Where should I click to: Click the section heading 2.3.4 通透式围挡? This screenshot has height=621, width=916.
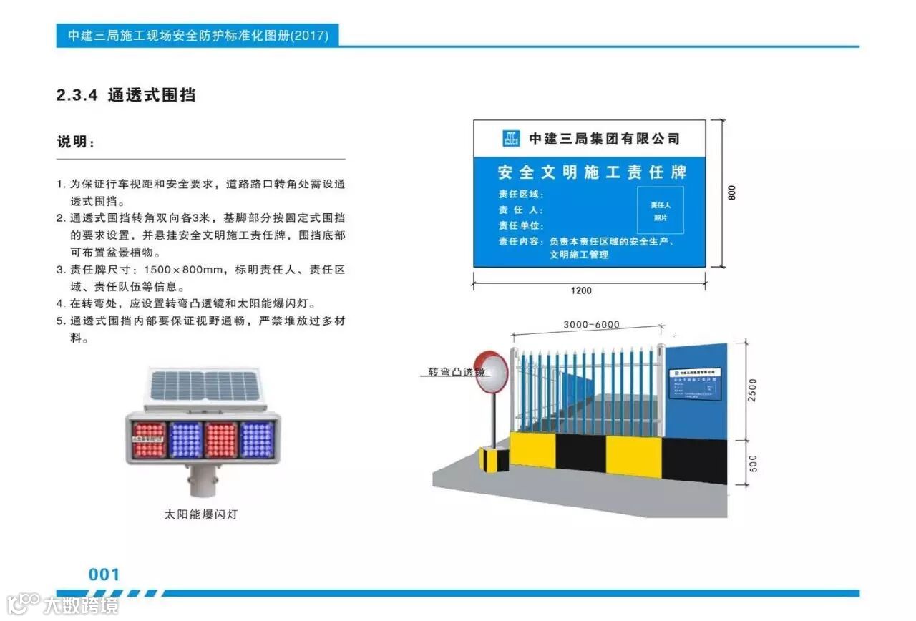click(x=126, y=95)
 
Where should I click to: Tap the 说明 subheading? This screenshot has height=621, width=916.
click(x=76, y=142)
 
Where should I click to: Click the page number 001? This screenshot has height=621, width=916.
click(x=104, y=574)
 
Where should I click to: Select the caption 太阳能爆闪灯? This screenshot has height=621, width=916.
click(x=200, y=514)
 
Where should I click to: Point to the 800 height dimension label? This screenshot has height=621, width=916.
click(x=731, y=192)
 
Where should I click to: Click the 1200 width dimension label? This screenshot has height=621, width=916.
click(x=581, y=290)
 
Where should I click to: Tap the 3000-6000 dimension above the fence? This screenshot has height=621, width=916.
click(x=591, y=325)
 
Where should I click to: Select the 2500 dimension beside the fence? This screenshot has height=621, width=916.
click(x=751, y=390)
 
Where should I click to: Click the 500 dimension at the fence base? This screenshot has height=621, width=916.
click(x=751, y=464)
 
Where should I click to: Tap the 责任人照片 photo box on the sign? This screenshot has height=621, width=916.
click(x=660, y=210)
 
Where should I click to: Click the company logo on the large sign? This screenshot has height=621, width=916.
click(x=511, y=138)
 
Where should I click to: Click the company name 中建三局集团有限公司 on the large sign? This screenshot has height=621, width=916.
click(x=603, y=138)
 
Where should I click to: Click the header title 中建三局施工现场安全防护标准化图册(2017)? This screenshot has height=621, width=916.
click(x=198, y=36)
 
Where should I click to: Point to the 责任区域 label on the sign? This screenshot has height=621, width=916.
click(x=521, y=194)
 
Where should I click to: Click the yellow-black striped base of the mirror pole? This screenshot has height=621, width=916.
click(x=493, y=459)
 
